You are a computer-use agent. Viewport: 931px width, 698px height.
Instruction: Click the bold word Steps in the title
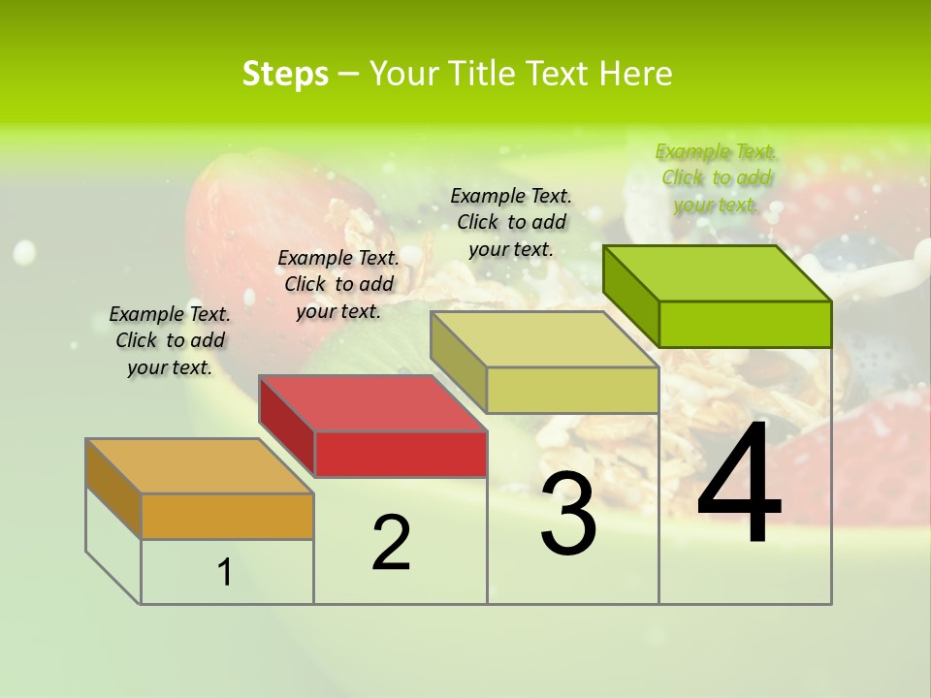285,74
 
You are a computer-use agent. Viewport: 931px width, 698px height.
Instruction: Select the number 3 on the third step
568,514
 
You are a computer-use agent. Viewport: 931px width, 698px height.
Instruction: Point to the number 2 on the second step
391,544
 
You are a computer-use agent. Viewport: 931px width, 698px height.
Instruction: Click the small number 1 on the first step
225,573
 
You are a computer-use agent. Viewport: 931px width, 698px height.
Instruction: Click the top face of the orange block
199,465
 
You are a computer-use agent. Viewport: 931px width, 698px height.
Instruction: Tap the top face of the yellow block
544,339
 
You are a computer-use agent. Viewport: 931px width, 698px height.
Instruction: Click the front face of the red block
401,454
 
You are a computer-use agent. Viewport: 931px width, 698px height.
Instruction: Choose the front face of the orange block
227,516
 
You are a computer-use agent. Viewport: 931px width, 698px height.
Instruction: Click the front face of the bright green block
745,324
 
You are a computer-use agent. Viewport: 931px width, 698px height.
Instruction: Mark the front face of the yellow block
572,390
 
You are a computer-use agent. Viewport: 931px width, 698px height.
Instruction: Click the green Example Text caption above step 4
716,177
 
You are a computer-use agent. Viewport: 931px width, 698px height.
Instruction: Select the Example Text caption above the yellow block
511,222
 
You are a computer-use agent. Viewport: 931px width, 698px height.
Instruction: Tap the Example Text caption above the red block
338,284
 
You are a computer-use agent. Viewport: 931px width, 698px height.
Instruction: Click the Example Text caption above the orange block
170,340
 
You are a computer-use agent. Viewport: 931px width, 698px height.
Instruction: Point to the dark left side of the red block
287,427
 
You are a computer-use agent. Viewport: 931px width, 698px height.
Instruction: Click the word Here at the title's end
636,74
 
